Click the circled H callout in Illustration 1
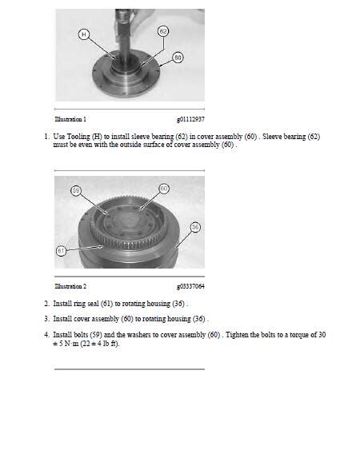(x=84, y=34)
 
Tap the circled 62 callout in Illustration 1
(x=163, y=30)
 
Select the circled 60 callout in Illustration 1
(x=178, y=58)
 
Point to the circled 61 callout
(x=61, y=249)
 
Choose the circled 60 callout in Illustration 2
(x=164, y=188)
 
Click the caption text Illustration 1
(x=70, y=119)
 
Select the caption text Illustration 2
(x=70, y=285)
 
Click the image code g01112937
(x=190, y=119)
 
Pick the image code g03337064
(x=190, y=285)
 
